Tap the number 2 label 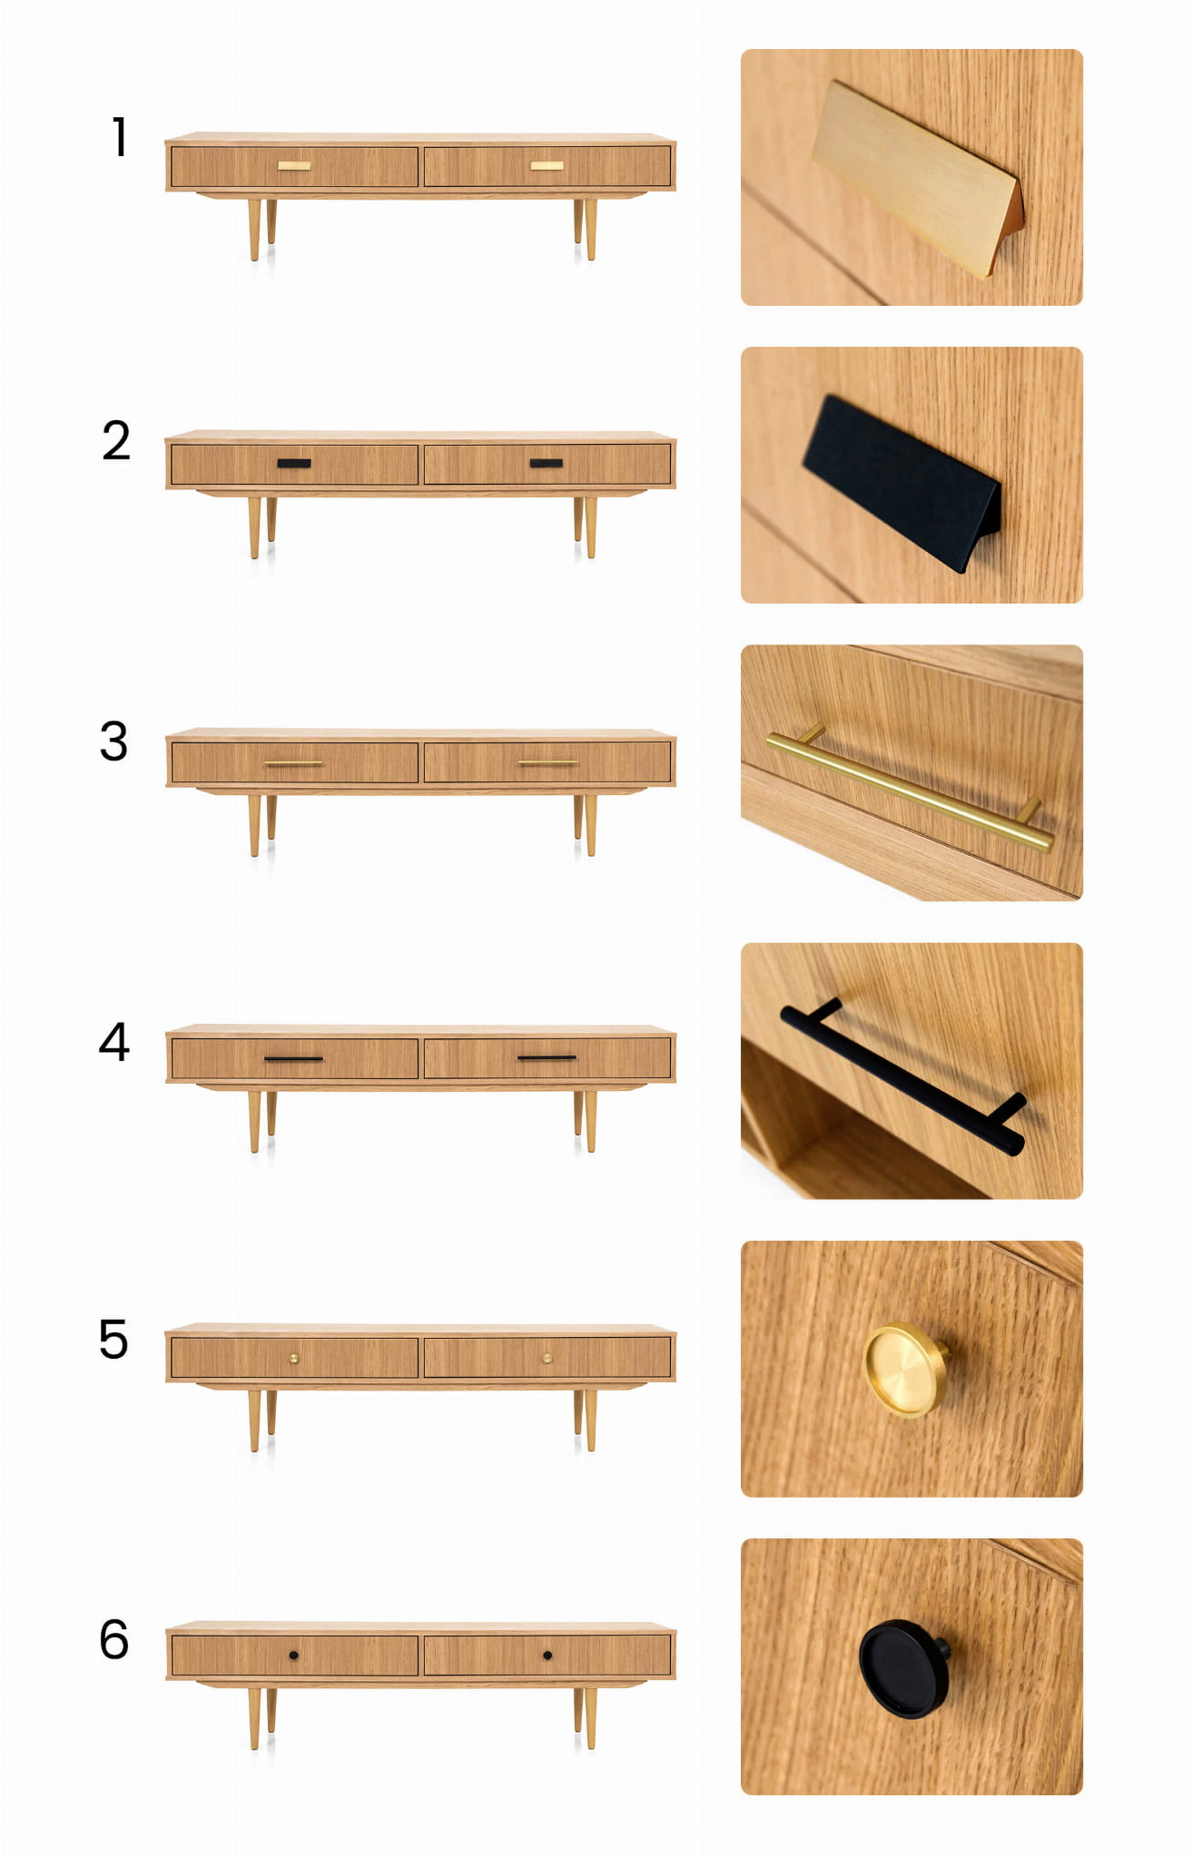[116, 441]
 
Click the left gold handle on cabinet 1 [294, 166]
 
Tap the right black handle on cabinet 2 [547, 464]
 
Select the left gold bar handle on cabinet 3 [293, 764]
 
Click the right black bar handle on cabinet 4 [547, 1058]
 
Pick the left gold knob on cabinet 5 [293, 1359]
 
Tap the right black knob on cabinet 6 [547, 1656]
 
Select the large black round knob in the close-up [904, 1669]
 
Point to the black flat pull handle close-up [902, 483]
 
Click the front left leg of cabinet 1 [254, 230]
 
